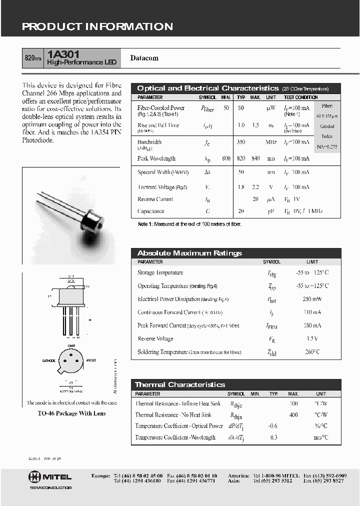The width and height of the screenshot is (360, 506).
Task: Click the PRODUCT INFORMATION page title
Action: coord(97,27)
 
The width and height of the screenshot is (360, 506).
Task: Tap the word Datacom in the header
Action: coord(144,58)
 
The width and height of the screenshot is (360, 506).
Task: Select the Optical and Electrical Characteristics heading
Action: coord(207,88)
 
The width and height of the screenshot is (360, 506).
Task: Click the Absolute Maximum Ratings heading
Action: coord(189,253)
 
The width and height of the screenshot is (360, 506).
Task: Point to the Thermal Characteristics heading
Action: coord(180,384)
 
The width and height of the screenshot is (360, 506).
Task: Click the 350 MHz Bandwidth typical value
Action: coord(241,142)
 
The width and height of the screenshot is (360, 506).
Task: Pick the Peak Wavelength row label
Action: coord(156,158)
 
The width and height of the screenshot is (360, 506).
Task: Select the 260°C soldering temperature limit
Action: coord(312,352)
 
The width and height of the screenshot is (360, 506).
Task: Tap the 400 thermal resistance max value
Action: coord(293,414)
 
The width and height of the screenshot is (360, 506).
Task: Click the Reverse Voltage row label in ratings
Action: coord(155,338)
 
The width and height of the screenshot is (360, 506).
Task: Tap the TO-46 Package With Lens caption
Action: coord(71,413)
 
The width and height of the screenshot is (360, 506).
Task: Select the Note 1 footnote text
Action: coord(189,224)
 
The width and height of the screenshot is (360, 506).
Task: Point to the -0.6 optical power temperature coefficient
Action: coord(272,426)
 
